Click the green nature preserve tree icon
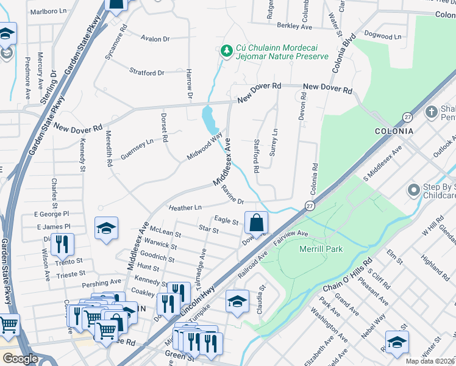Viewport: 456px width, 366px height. coord(226,50)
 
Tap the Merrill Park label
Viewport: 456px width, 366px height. coord(321,249)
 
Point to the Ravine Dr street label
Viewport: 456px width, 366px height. coord(233,195)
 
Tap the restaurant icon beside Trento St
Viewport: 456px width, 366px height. coord(63,244)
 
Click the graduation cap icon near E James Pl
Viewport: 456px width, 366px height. coord(106,229)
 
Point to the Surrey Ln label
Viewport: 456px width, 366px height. coord(274,141)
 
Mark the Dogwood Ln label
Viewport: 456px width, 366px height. coord(382,36)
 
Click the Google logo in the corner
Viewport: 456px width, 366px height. coord(20,359)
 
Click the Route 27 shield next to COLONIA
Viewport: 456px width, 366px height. coord(407,116)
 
